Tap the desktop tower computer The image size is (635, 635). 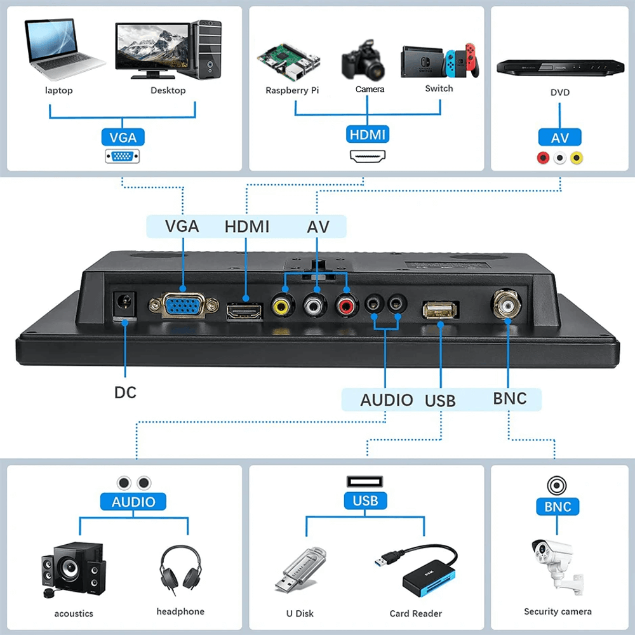point(208,50)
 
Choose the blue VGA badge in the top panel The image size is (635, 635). point(123,137)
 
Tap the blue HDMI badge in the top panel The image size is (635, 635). point(368,135)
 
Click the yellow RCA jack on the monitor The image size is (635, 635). point(281,305)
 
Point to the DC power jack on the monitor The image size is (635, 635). point(124,305)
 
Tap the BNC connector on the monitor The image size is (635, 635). point(508,304)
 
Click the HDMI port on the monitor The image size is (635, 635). point(244,311)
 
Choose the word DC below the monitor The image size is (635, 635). point(125,392)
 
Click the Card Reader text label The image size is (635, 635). point(415,613)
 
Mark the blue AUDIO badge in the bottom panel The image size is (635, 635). point(133,502)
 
